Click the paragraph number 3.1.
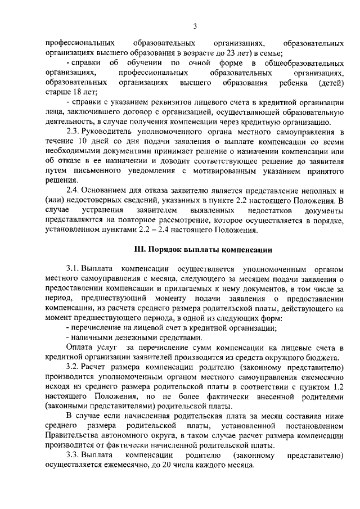pos(73,269)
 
